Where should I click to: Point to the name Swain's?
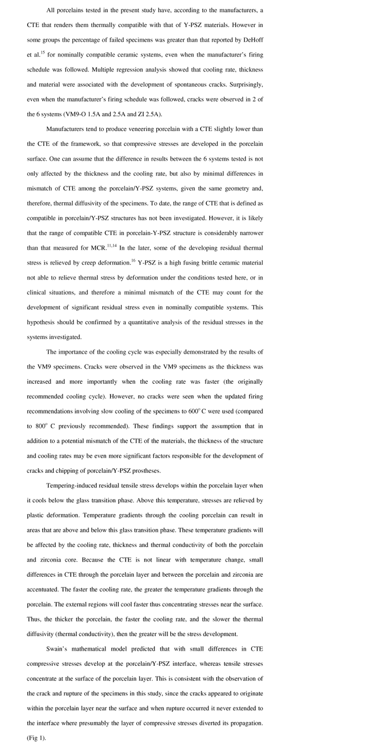click(58, 649)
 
